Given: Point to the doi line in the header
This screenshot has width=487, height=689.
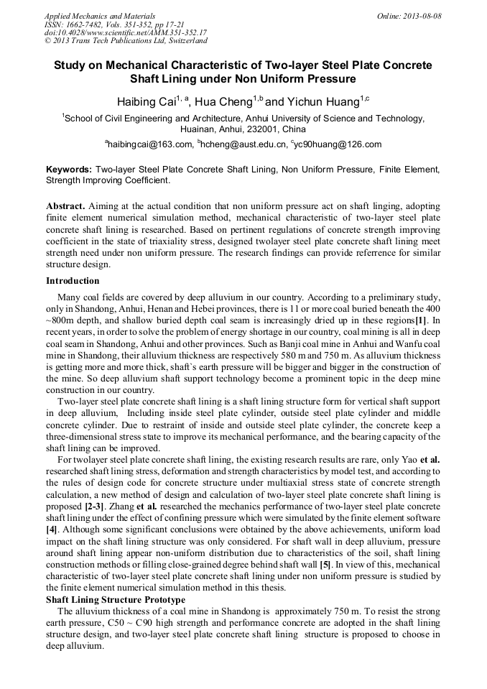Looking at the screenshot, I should tap(126, 33).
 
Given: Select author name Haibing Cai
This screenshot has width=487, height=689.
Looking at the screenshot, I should tap(147, 103).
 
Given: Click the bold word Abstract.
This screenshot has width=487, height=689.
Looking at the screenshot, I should tap(66, 205).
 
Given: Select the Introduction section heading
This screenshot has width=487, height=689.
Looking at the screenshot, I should tap(73, 280).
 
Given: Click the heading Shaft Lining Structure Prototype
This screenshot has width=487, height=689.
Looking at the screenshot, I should tap(115, 599).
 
